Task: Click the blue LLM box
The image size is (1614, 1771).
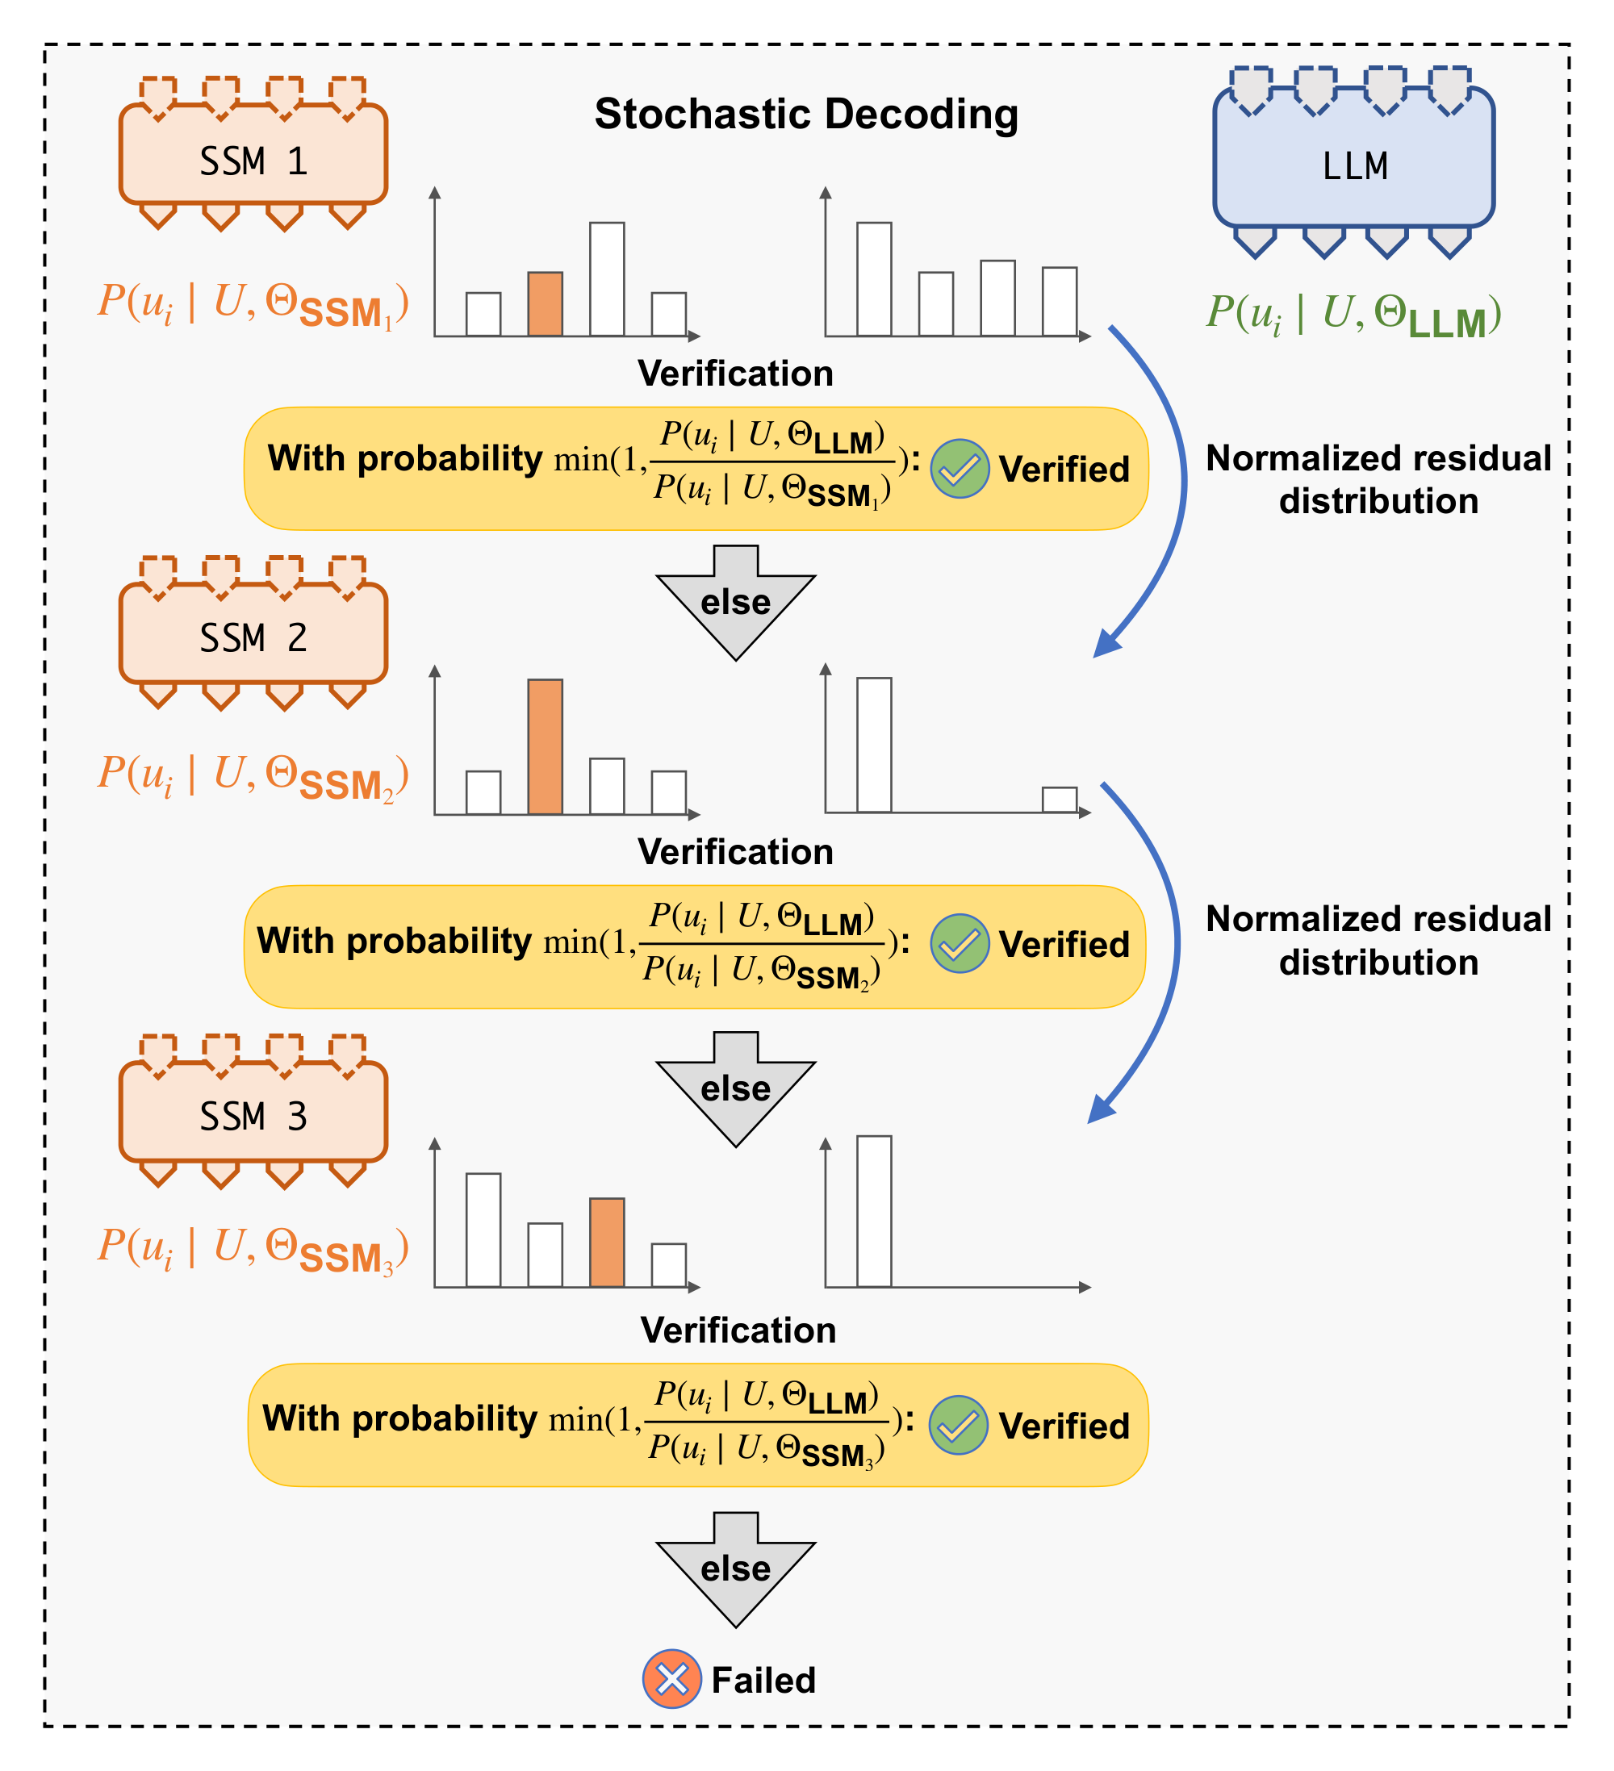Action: coord(1353,159)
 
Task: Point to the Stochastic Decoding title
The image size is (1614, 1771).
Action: coord(805,115)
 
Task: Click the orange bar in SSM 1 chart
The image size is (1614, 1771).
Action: coord(545,304)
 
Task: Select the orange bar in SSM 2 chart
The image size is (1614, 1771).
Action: coord(545,746)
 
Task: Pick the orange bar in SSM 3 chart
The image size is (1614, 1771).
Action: coord(606,1243)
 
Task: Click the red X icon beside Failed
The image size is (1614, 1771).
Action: coord(671,1679)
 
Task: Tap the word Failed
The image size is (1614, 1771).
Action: coord(763,1681)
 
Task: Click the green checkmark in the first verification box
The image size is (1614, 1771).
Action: coord(960,469)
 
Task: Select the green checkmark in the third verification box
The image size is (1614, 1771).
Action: coord(958,1425)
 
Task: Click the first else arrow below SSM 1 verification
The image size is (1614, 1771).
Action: coord(735,603)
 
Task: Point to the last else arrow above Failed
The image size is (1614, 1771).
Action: coord(735,1569)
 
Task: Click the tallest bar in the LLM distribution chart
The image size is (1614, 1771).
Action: coord(873,279)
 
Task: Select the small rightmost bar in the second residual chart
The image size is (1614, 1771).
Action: coord(1059,800)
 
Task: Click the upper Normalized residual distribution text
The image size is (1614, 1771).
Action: coord(1378,479)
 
